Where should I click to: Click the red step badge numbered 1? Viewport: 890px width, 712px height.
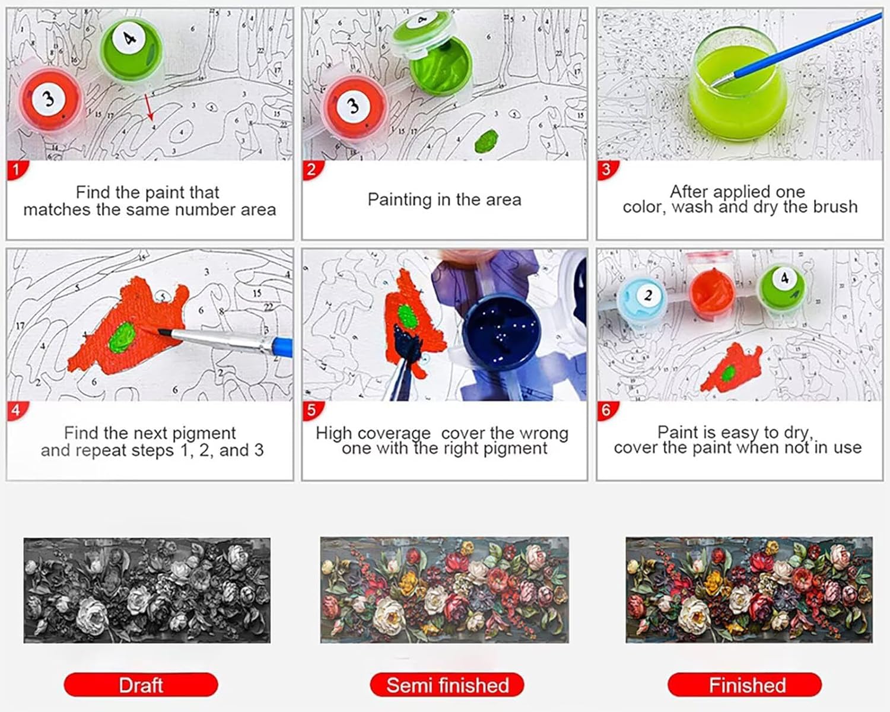tap(17, 170)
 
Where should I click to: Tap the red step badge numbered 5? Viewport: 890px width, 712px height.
tap(312, 411)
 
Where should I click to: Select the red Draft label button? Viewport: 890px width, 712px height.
tap(141, 685)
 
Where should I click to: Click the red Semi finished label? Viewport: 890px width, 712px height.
tap(447, 685)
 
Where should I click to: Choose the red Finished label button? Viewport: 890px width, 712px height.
tap(745, 685)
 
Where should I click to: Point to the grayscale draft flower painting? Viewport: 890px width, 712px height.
tap(147, 590)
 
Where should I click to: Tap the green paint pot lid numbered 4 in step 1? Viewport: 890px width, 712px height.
tap(131, 50)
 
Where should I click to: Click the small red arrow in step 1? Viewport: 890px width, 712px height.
tap(148, 107)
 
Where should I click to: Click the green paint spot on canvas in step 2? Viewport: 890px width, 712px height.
tap(487, 141)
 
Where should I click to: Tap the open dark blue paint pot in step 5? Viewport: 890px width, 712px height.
tap(501, 333)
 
